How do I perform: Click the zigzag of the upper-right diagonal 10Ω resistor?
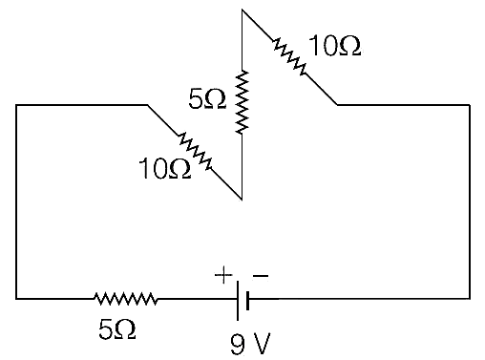[289, 56]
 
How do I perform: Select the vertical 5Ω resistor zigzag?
[242, 102]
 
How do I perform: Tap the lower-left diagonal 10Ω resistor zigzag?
[195, 151]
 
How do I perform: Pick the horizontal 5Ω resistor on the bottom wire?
[126, 299]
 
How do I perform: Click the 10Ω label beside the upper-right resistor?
[335, 46]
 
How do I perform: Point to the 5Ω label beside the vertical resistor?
[207, 98]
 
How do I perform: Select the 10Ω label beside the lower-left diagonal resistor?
[165, 168]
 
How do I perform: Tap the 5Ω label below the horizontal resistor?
[117, 329]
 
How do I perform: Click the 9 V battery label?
[250, 344]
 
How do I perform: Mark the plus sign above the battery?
[223, 275]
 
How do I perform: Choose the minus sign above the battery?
[261, 276]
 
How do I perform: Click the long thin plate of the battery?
[238, 301]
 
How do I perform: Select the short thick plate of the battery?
[247, 301]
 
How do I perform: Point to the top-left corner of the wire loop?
[16, 104]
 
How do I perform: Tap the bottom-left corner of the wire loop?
[16, 299]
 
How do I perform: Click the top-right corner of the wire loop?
[470, 104]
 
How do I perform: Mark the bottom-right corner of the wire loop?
[470, 299]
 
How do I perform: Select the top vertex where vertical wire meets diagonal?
[242, 10]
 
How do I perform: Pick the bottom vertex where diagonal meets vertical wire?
[242, 200]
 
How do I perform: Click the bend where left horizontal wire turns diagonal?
[147, 104]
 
